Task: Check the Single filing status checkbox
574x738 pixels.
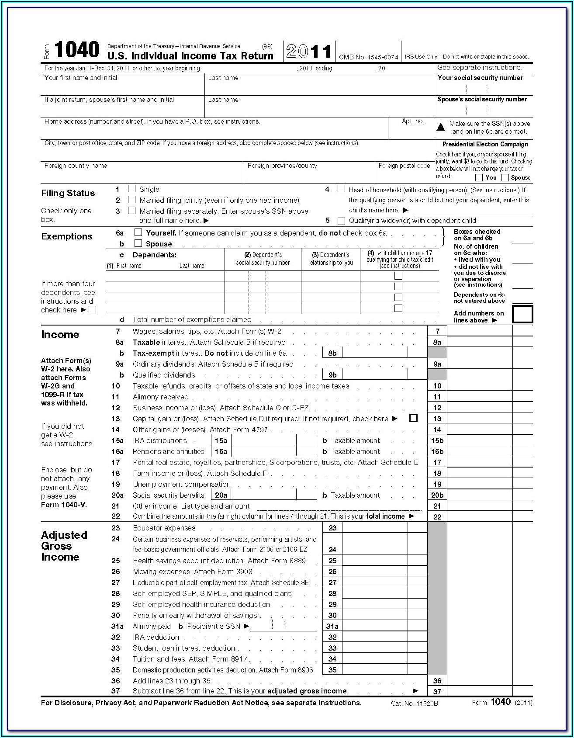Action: (131, 189)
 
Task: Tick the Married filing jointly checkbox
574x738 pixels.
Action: (131, 200)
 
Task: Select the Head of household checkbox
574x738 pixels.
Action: (341, 189)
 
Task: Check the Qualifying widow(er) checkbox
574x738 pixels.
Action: (341, 221)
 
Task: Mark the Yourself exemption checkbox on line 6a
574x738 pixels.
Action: (138, 232)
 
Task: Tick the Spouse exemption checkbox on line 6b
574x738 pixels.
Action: (138, 243)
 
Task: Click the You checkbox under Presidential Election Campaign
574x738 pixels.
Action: (479, 177)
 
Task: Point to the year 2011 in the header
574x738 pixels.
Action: (309, 52)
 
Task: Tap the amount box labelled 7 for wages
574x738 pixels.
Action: (480, 331)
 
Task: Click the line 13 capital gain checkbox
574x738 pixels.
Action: (413, 418)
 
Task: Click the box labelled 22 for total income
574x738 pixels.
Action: (480, 516)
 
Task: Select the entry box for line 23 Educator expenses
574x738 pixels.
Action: (375, 528)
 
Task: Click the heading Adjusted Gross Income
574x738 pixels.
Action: (64, 546)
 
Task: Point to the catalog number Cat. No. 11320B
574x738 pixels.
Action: (415, 703)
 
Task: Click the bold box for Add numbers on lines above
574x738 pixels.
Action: (522, 314)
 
